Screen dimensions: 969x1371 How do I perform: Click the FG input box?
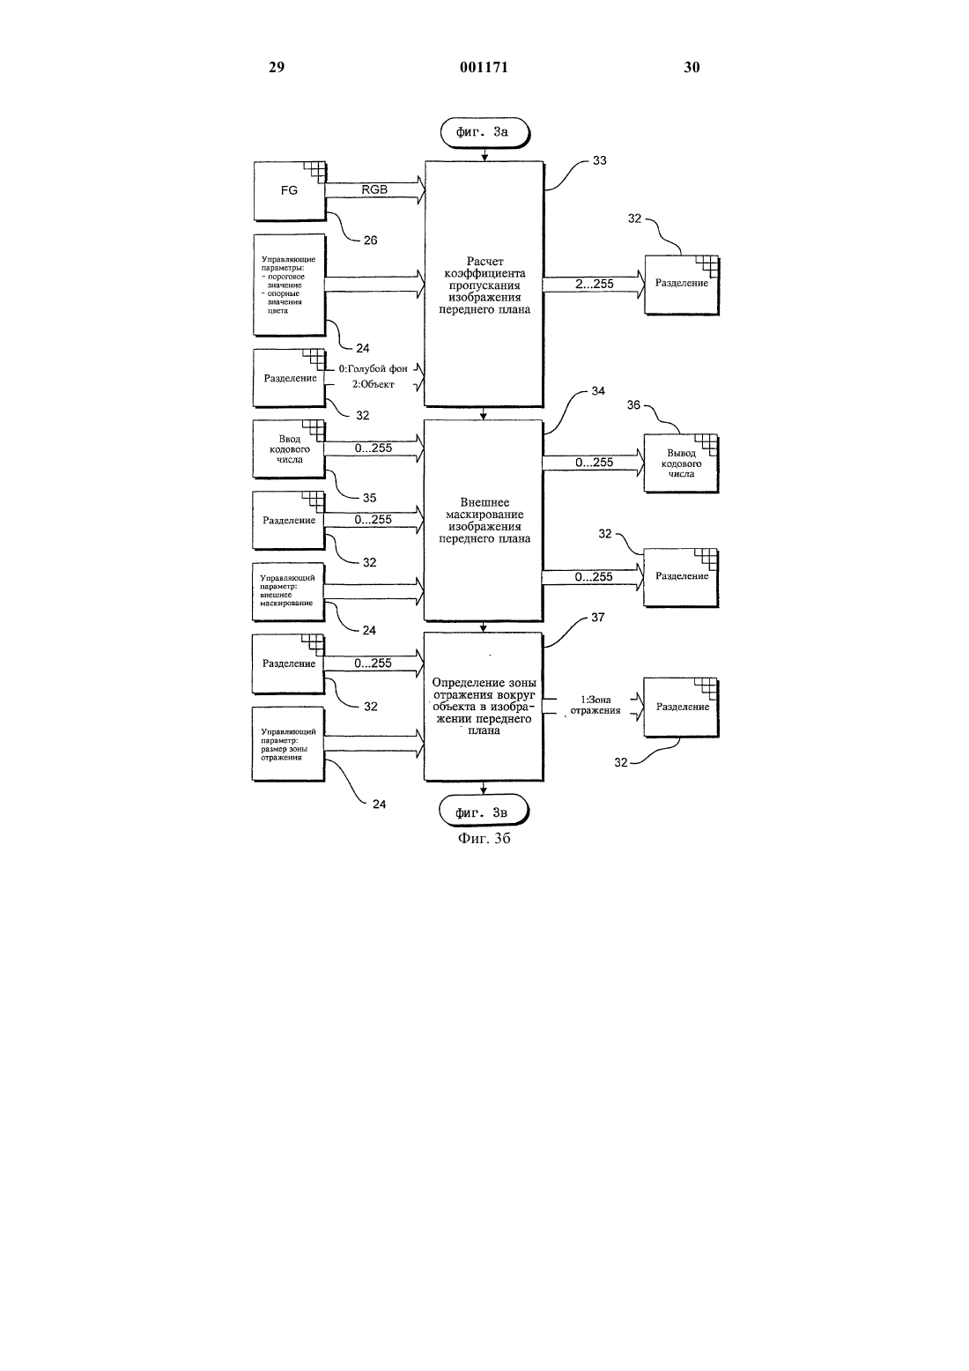290,191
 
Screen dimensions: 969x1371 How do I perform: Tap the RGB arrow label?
374,189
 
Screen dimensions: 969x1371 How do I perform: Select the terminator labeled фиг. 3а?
484,133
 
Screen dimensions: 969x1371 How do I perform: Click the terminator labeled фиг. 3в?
484,811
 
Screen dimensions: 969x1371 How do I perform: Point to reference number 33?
600,160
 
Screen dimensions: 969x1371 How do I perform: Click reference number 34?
598,390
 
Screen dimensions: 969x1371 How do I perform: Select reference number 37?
597,617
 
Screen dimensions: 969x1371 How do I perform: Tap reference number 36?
633,404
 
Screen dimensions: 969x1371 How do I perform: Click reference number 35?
369,498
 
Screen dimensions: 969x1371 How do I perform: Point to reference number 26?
371,240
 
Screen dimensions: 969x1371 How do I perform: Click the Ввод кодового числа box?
289,449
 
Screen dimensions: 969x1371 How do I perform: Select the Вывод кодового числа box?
681,463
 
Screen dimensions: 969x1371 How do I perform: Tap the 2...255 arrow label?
594,284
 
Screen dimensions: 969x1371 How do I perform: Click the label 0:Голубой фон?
374,368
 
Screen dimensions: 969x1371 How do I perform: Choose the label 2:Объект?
374,384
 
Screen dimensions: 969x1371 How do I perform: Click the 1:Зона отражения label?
595,705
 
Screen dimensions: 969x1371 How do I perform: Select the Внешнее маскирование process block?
484,520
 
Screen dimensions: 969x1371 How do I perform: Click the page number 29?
277,67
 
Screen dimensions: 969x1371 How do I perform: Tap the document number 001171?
484,67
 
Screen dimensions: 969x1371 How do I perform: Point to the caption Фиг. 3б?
484,838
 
